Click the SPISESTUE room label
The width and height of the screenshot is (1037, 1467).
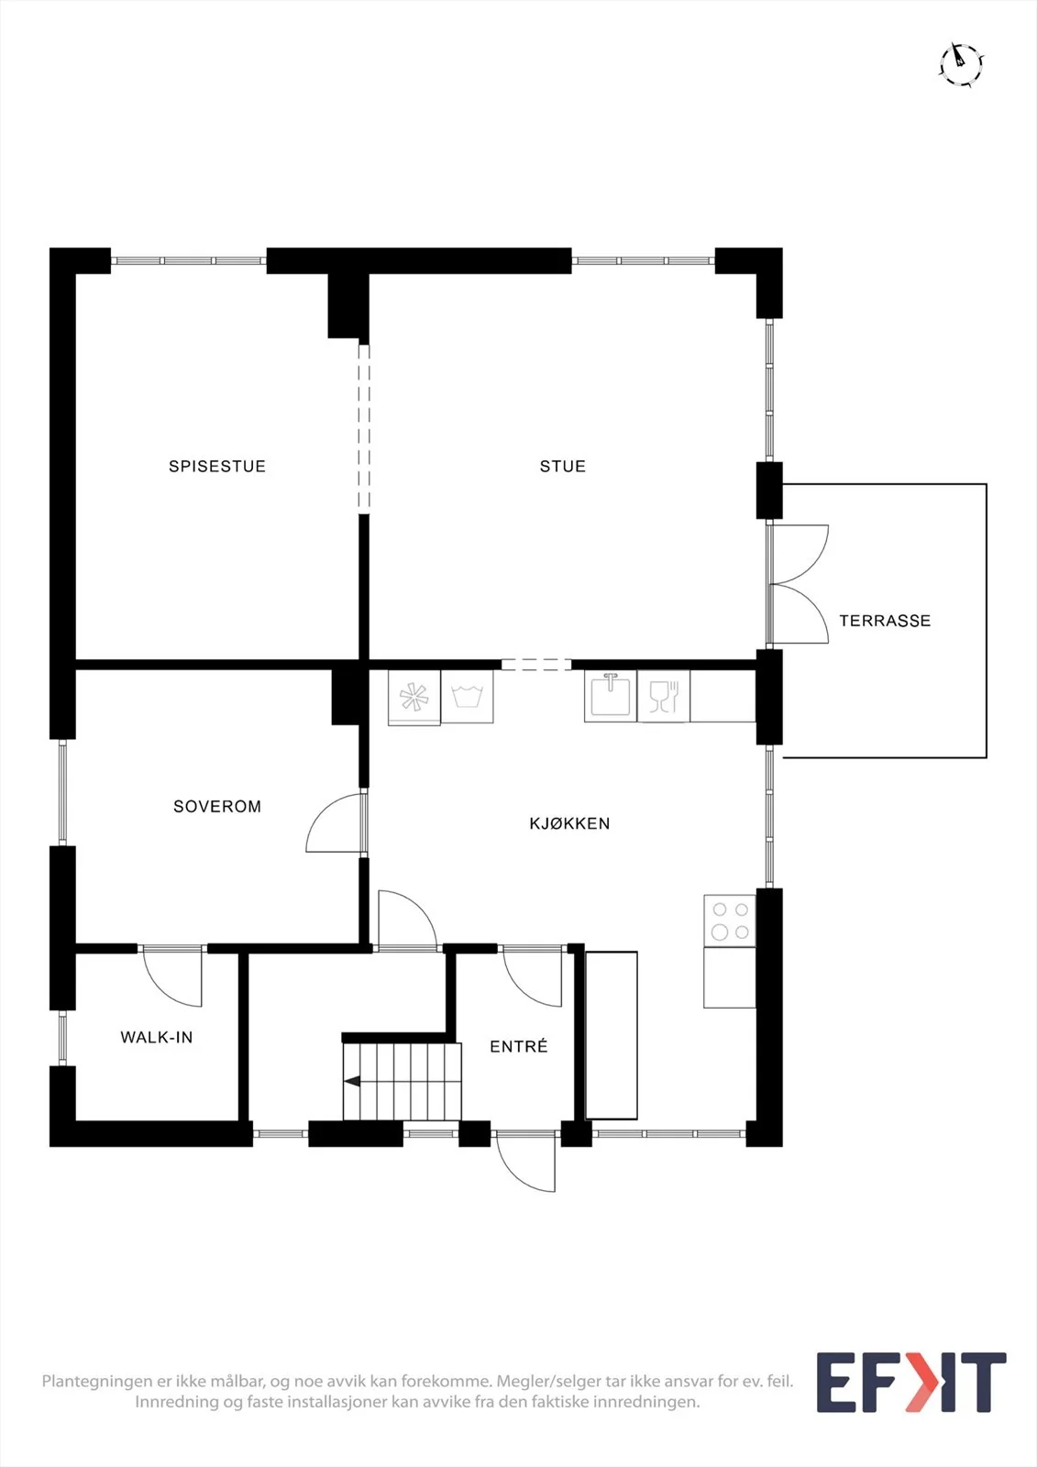coord(217,467)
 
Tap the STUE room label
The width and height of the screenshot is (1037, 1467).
coord(563,467)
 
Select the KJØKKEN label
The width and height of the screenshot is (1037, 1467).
coord(570,823)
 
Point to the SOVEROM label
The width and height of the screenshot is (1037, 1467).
coord(217,806)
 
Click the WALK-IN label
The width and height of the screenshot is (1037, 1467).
coord(157,1037)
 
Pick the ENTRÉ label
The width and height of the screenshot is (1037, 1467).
coord(519,1046)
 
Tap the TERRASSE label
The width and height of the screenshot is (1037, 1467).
coord(885,620)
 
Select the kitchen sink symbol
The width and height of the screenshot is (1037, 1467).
coord(611,696)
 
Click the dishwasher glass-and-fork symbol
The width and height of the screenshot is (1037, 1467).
coord(664,697)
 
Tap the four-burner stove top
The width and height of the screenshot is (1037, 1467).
coord(730,921)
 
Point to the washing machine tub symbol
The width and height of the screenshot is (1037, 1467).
coord(467,696)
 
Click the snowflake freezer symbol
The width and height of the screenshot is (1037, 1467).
coord(414,696)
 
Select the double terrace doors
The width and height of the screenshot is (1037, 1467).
coord(798,584)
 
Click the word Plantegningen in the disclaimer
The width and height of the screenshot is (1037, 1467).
coord(97,1382)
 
